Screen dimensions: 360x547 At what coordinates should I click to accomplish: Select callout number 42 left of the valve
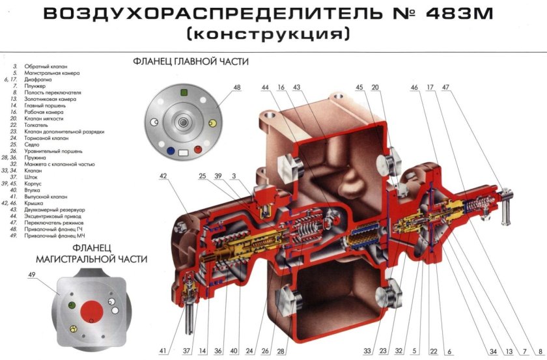[x=163, y=176]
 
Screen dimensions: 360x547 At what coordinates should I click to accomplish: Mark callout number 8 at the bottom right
[x=540, y=352]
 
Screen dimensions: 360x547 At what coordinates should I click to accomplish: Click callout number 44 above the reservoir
[x=266, y=87]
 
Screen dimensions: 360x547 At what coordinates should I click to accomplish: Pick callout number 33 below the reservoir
[x=367, y=352]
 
